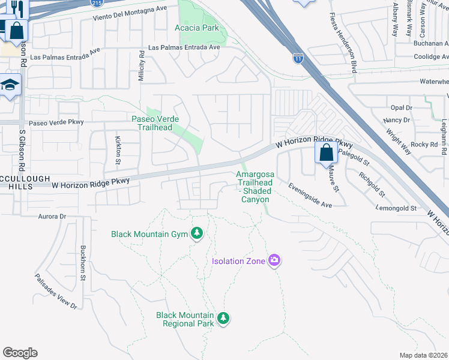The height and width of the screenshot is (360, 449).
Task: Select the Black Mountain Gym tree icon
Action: click(197, 233)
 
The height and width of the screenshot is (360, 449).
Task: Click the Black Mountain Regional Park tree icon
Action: click(223, 317)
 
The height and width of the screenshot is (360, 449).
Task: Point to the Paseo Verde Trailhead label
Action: click(155, 123)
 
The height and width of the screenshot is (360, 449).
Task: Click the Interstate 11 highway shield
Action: click(298, 58)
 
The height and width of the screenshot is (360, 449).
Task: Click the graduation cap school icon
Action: click(10, 86)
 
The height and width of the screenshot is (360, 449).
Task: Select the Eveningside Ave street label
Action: click(309, 196)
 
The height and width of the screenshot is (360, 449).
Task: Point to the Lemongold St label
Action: click(396, 208)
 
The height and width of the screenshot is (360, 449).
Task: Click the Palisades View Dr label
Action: click(56, 292)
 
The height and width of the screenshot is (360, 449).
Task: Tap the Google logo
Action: click(20, 353)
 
